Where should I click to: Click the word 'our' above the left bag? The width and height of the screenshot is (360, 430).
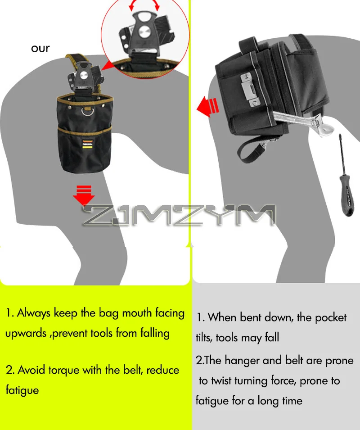40,49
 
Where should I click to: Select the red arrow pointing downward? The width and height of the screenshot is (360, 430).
84,195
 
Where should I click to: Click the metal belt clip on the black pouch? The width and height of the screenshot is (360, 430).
250,90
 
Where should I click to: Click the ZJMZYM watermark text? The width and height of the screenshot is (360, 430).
179,215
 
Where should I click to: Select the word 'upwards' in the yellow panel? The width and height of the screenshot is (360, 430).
26,334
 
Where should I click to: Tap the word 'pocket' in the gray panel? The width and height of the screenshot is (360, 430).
331,317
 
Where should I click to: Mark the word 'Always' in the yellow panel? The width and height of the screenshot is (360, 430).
34,313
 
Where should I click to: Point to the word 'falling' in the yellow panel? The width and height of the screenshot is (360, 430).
155,334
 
